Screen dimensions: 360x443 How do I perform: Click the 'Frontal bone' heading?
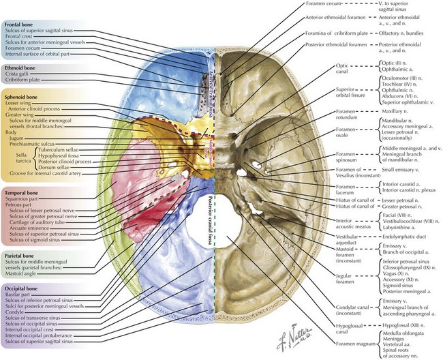point(20,25)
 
